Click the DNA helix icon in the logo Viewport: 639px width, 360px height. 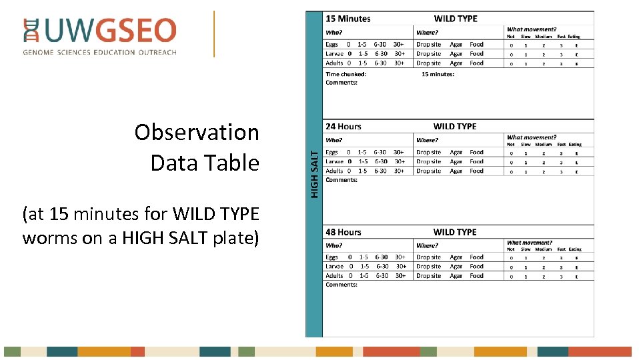click(31, 31)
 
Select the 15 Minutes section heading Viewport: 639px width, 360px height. click(348, 19)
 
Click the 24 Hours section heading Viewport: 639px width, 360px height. click(343, 126)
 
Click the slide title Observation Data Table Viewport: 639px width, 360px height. click(197, 147)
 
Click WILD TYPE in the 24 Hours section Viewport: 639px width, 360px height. click(455, 126)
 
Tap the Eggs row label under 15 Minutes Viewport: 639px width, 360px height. click(332, 45)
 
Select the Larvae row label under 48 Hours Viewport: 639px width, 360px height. click(334, 266)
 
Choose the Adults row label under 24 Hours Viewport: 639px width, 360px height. click(334, 171)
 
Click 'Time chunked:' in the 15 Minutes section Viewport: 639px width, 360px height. click(346, 74)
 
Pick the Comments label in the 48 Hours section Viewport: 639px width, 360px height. click(341, 285)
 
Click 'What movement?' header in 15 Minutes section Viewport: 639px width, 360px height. click(531, 29)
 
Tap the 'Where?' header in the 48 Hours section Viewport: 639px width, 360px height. click(427, 245)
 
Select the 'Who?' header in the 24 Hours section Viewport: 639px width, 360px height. click(334, 140)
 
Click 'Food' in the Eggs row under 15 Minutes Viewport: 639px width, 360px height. click(476, 45)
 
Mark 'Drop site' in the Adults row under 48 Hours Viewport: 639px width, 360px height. click(428, 275)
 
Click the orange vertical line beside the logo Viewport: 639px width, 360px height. click(214, 33)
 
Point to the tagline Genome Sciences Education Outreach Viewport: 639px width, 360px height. click(100, 52)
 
